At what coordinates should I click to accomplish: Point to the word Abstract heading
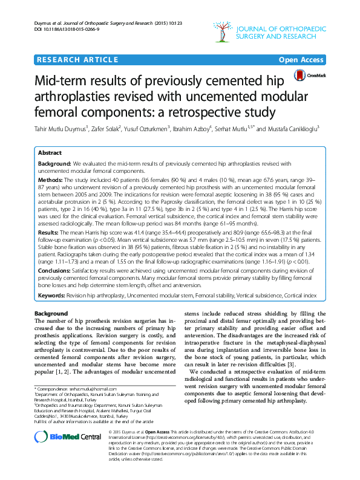point(51,154)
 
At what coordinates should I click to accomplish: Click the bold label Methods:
point(50,180)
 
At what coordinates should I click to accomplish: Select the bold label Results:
point(48,232)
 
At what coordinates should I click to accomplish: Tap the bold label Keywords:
point(51,296)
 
